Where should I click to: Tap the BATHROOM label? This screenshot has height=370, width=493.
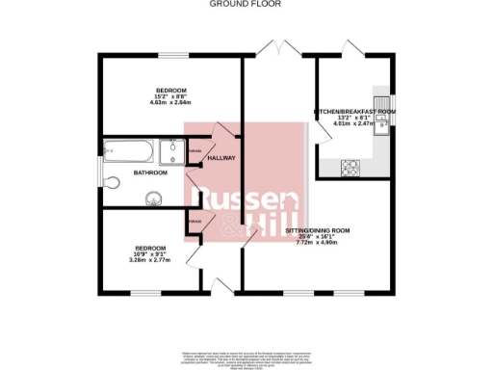tap(150, 173)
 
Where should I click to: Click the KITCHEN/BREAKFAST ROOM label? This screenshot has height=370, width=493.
tap(355, 113)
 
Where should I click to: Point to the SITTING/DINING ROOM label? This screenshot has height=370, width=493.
tap(317, 231)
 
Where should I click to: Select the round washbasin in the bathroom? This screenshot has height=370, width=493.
tap(152, 199)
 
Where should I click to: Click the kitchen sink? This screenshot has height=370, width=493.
tap(382, 126)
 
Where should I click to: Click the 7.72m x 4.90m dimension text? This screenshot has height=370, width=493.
tap(317, 244)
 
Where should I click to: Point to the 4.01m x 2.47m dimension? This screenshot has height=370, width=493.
tap(355, 124)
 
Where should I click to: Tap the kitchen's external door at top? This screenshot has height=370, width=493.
tap(354, 48)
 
